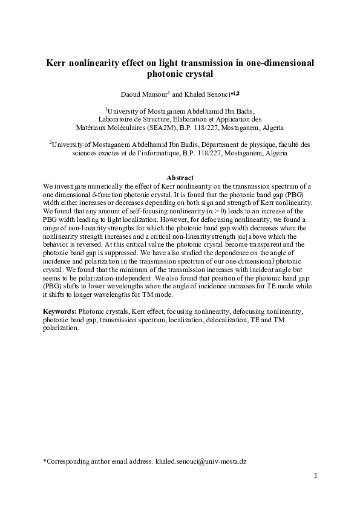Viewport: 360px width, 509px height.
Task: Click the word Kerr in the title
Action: pos(59,62)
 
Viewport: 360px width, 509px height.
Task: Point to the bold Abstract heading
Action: pos(180,178)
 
